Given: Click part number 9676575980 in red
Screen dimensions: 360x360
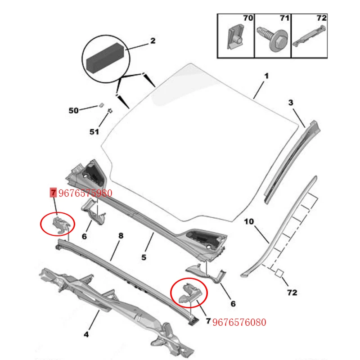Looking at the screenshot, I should [85, 193].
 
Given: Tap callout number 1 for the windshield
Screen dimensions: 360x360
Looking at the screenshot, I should [266, 76].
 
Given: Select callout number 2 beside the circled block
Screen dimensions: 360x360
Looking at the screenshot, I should [153, 41].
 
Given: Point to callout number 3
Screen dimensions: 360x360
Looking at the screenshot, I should [291, 103].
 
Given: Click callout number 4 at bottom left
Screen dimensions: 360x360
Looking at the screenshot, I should [86, 334].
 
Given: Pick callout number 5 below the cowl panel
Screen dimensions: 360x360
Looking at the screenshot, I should [144, 257].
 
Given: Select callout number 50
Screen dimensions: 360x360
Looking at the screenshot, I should [73, 110].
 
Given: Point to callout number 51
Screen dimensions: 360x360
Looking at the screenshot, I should [94, 132].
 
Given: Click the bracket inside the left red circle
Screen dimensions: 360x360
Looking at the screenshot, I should [58, 222].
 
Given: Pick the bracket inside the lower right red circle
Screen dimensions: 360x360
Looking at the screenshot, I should [189, 292].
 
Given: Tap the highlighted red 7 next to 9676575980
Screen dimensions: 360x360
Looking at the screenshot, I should [53, 193].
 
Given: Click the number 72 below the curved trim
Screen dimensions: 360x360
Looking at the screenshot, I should [292, 292].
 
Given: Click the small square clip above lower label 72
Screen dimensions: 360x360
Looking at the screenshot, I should [279, 272].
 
